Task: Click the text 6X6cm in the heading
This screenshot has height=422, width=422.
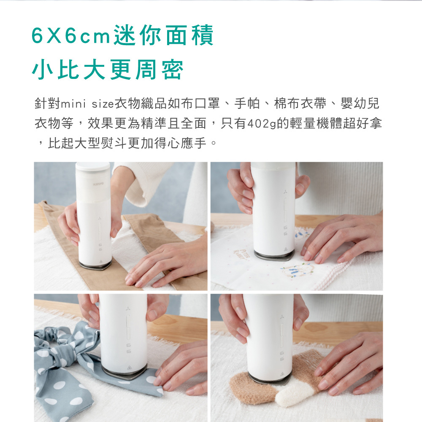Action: [x=70, y=36]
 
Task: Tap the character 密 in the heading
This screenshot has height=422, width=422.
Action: [x=173, y=70]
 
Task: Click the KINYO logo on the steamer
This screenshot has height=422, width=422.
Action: [x=98, y=184]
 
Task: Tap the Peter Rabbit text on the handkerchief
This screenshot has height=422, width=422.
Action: [x=241, y=254]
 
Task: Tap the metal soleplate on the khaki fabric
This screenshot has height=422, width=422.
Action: [x=95, y=265]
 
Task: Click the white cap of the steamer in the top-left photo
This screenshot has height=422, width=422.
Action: [x=93, y=166]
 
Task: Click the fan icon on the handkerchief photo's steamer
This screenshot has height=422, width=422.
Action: [x=285, y=192]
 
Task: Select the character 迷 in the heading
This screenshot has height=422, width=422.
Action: [x=124, y=35]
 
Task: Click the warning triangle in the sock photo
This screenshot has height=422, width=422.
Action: [x=282, y=374]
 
